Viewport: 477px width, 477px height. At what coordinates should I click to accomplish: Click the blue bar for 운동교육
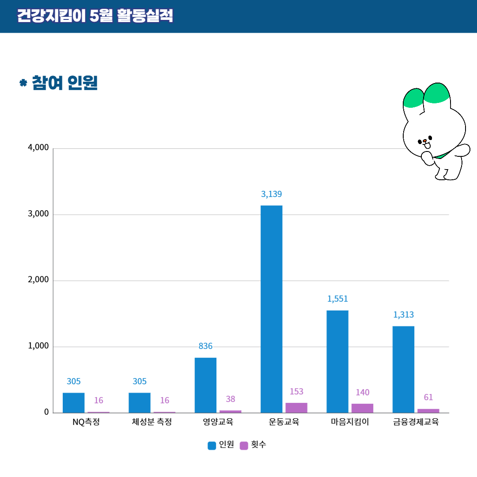tap(271, 309)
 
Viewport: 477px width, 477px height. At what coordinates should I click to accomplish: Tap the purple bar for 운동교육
tap(296, 408)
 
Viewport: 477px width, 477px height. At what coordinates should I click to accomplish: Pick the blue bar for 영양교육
tap(205, 385)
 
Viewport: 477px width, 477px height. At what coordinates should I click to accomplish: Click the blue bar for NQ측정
tap(73, 402)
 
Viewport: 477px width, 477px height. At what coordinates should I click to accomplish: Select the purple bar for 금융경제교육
tap(428, 411)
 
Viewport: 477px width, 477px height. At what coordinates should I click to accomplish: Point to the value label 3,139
tap(271, 194)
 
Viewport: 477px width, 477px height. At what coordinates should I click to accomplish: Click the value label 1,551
tap(337, 299)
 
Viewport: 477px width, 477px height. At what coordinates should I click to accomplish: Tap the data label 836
tap(205, 346)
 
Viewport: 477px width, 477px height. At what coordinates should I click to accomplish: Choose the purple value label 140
tap(363, 392)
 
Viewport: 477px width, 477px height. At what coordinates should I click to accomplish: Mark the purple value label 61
tap(428, 397)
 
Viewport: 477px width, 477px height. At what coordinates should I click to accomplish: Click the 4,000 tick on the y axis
tap(38, 148)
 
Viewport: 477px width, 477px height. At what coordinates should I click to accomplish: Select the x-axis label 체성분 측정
tap(151, 422)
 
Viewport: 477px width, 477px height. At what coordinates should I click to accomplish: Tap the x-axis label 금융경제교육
tap(416, 422)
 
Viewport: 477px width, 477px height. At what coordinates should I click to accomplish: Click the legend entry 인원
tap(221, 445)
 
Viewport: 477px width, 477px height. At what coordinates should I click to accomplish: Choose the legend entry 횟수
tap(254, 445)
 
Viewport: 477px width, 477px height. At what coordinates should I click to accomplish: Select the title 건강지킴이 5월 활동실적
tap(95, 16)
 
